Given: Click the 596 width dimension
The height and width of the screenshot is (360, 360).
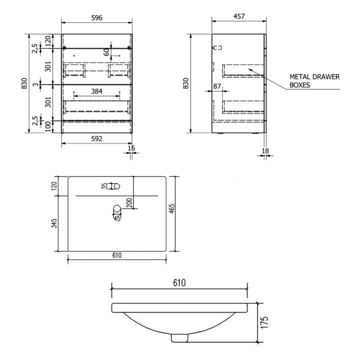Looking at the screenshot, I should [97, 17].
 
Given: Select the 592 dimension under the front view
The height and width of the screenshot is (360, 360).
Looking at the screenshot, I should [97, 139].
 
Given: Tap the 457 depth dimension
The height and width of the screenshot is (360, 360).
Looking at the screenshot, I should [239, 17].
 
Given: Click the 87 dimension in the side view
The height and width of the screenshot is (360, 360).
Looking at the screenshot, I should [217, 86].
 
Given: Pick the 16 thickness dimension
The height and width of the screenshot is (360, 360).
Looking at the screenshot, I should [131, 149].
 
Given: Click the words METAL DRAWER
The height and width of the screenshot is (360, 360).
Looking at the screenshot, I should [313, 78].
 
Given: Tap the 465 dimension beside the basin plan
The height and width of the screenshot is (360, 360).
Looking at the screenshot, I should [172, 209].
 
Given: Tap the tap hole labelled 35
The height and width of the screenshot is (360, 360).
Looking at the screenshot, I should [115, 186].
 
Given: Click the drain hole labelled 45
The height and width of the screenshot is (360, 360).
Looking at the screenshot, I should [117, 209].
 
